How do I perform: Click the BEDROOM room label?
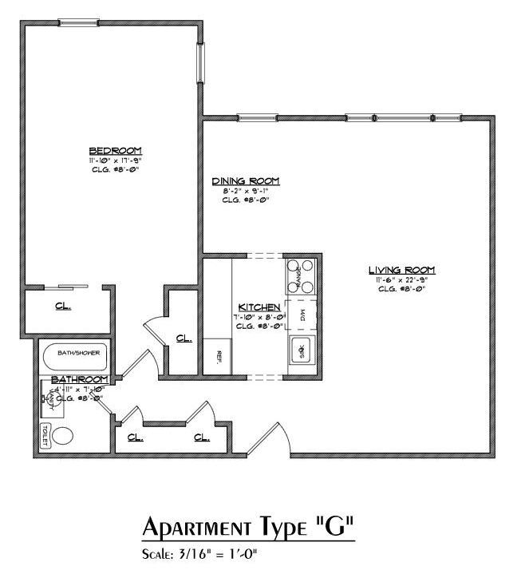115,151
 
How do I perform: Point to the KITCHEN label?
259,307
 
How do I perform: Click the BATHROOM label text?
79,378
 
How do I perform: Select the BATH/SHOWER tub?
77,353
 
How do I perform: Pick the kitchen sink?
301,350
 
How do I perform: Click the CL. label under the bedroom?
63,306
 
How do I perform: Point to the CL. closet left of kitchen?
184,338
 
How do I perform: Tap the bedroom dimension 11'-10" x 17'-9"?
115,160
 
